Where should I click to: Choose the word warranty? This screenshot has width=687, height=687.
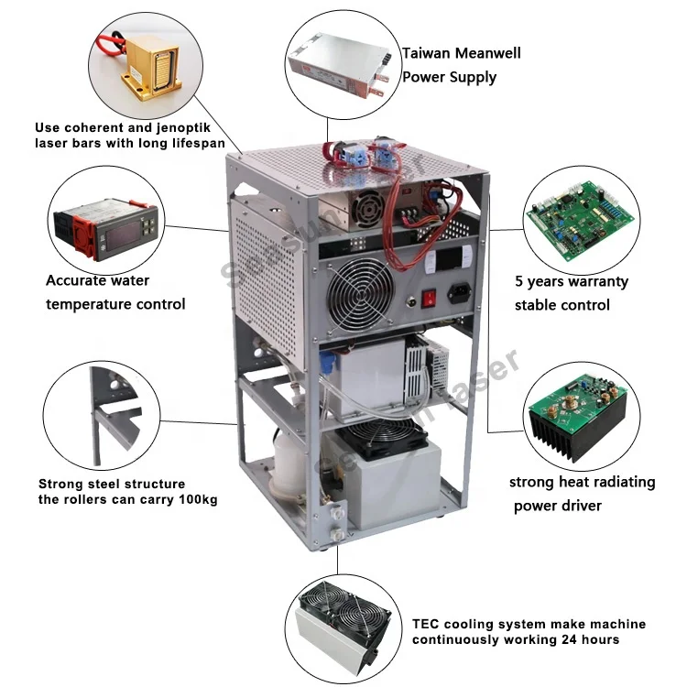coord(592,281)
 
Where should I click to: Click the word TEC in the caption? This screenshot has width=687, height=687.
coord(424,624)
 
